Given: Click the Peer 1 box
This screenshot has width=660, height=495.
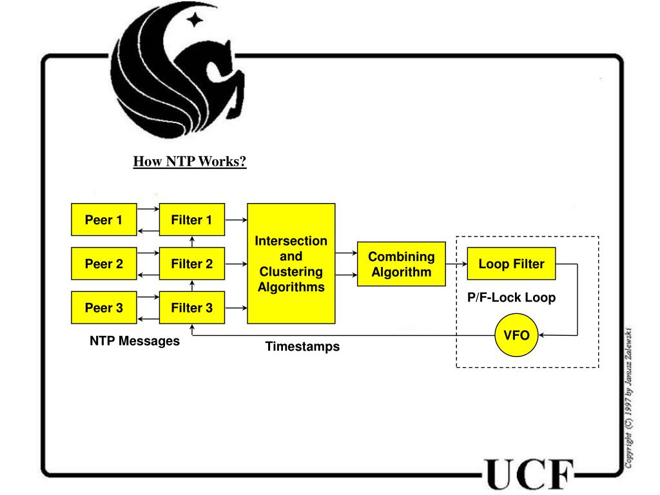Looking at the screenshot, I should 103,220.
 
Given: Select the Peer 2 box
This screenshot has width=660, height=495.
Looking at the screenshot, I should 103,264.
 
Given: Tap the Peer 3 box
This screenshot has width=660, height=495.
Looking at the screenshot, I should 103,307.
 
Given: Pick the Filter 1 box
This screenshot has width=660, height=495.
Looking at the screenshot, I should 191,220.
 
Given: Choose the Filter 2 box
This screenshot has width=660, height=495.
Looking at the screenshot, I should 191,264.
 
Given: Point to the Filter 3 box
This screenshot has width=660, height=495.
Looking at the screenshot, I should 191,307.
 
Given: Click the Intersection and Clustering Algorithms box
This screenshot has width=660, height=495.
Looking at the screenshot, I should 291,264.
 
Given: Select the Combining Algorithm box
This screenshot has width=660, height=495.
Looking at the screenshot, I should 401,264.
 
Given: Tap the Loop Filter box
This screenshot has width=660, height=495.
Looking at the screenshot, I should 511,264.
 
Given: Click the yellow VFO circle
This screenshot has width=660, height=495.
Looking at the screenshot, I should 516,335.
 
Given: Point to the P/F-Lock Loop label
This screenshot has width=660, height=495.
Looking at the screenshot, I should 511,298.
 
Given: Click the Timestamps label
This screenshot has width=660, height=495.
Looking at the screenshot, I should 302,347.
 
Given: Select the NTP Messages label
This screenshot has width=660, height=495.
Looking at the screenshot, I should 135,341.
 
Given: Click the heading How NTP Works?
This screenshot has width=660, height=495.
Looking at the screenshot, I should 190,161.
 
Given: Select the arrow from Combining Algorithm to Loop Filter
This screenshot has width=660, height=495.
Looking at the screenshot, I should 456,264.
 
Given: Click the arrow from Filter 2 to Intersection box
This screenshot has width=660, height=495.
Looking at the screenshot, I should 236,264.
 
